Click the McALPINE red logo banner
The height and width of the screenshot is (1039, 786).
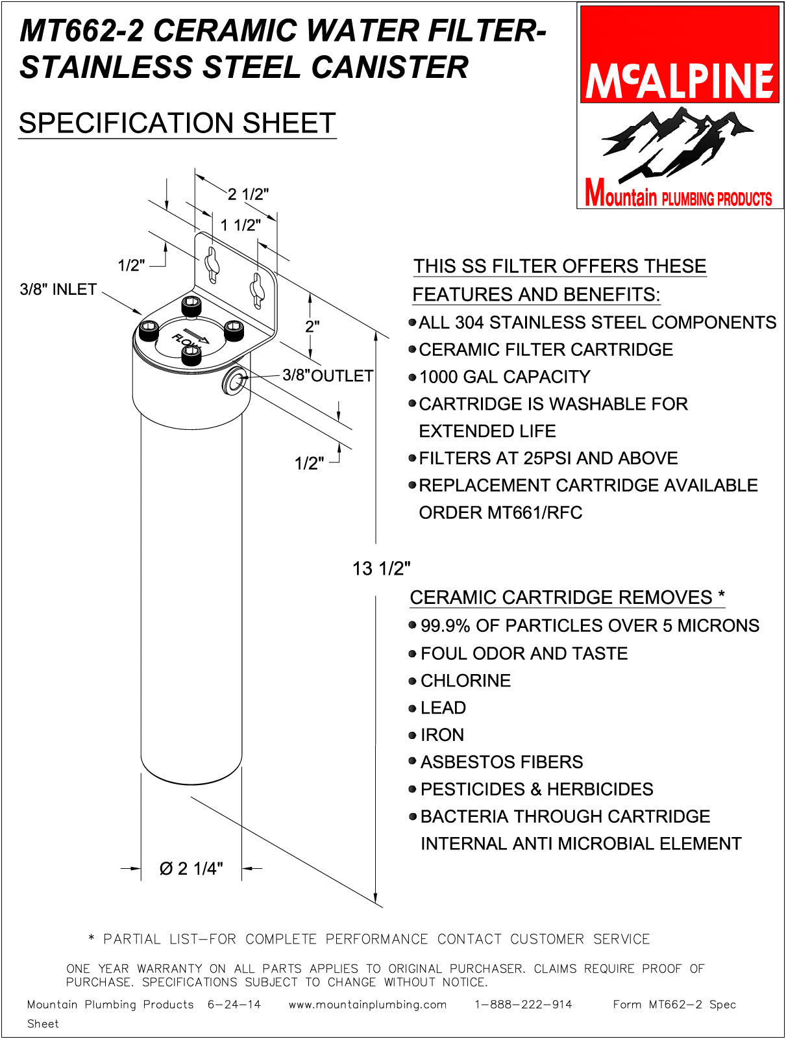tap(679, 55)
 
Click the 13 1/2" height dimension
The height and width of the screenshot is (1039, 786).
tap(381, 569)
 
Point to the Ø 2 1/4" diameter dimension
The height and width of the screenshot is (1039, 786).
tap(191, 868)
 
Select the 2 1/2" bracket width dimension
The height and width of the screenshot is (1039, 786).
tap(248, 194)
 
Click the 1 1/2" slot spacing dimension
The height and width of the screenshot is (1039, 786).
tap(240, 225)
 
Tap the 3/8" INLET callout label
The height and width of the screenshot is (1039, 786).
tap(58, 290)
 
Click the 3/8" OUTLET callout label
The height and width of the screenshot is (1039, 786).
tap(328, 375)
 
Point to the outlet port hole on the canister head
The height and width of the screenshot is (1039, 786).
tap(234, 382)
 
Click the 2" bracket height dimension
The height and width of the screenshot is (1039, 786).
tap(312, 326)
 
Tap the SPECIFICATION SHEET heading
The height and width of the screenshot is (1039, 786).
tap(177, 123)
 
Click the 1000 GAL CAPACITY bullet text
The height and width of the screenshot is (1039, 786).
tap(504, 377)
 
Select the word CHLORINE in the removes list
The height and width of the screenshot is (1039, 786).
tap(465, 681)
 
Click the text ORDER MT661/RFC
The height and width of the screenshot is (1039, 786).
tap(500, 512)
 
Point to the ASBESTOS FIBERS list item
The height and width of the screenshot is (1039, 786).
tap(501, 762)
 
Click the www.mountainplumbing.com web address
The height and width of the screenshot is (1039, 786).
tap(367, 1005)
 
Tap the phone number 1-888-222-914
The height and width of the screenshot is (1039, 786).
tap(523, 1005)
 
